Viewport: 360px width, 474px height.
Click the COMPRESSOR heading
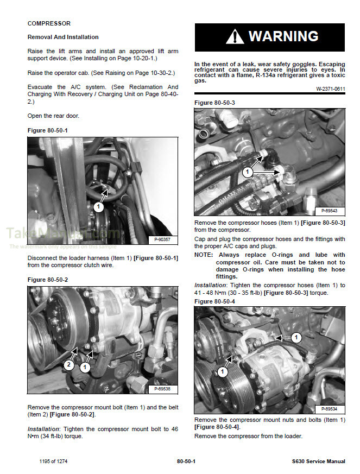(x=49, y=24)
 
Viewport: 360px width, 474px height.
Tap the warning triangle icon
(x=235, y=37)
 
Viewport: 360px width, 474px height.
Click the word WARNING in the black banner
(x=283, y=36)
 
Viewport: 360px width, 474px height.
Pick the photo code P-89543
(x=329, y=210)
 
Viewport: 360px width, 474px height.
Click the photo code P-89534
(x=329, y=409)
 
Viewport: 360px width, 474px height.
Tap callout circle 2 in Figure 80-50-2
(x=69, y=365)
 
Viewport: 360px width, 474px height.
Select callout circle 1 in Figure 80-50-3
(x=247, y=172)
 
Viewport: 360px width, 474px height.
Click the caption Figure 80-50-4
(x=214, y=301)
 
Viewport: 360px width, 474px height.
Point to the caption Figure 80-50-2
(x=48, y=280)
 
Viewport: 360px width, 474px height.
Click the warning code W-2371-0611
(x=331, y=89)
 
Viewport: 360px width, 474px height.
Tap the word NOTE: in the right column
(x=204, y=255)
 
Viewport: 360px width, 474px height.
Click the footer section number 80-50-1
(x=186, y=462)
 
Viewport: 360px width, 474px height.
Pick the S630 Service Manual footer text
(x=318, y=462)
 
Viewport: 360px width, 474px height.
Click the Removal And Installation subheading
(x=63, y=37)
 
